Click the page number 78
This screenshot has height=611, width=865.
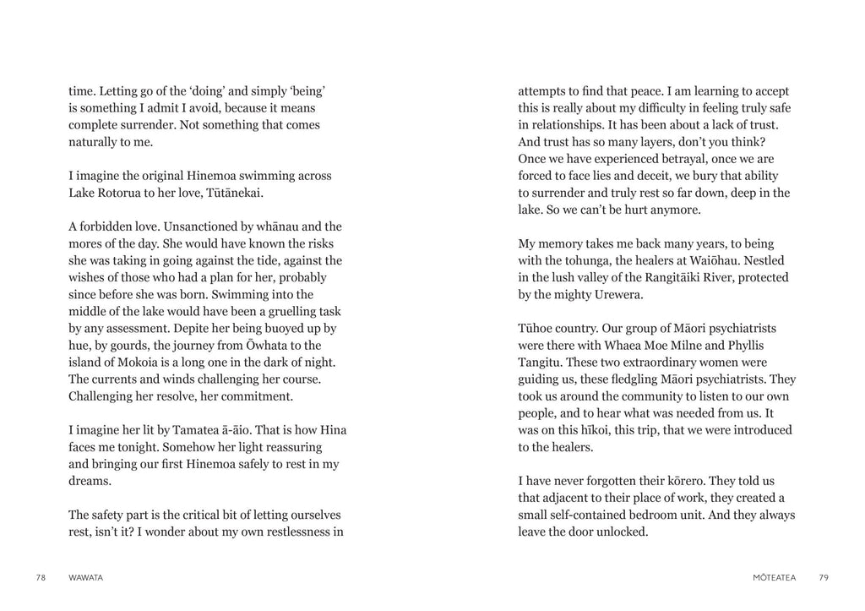pyautogui.click(x=41, y=578)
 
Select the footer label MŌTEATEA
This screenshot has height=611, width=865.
pyautogui.click(x=773, y=578)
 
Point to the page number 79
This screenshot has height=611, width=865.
pyautogui.click(x=824, y=578)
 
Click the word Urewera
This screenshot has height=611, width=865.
pyautogui.click(x=616, y=294)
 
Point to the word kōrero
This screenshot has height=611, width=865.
pyautogui.click(x=686, y=481)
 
